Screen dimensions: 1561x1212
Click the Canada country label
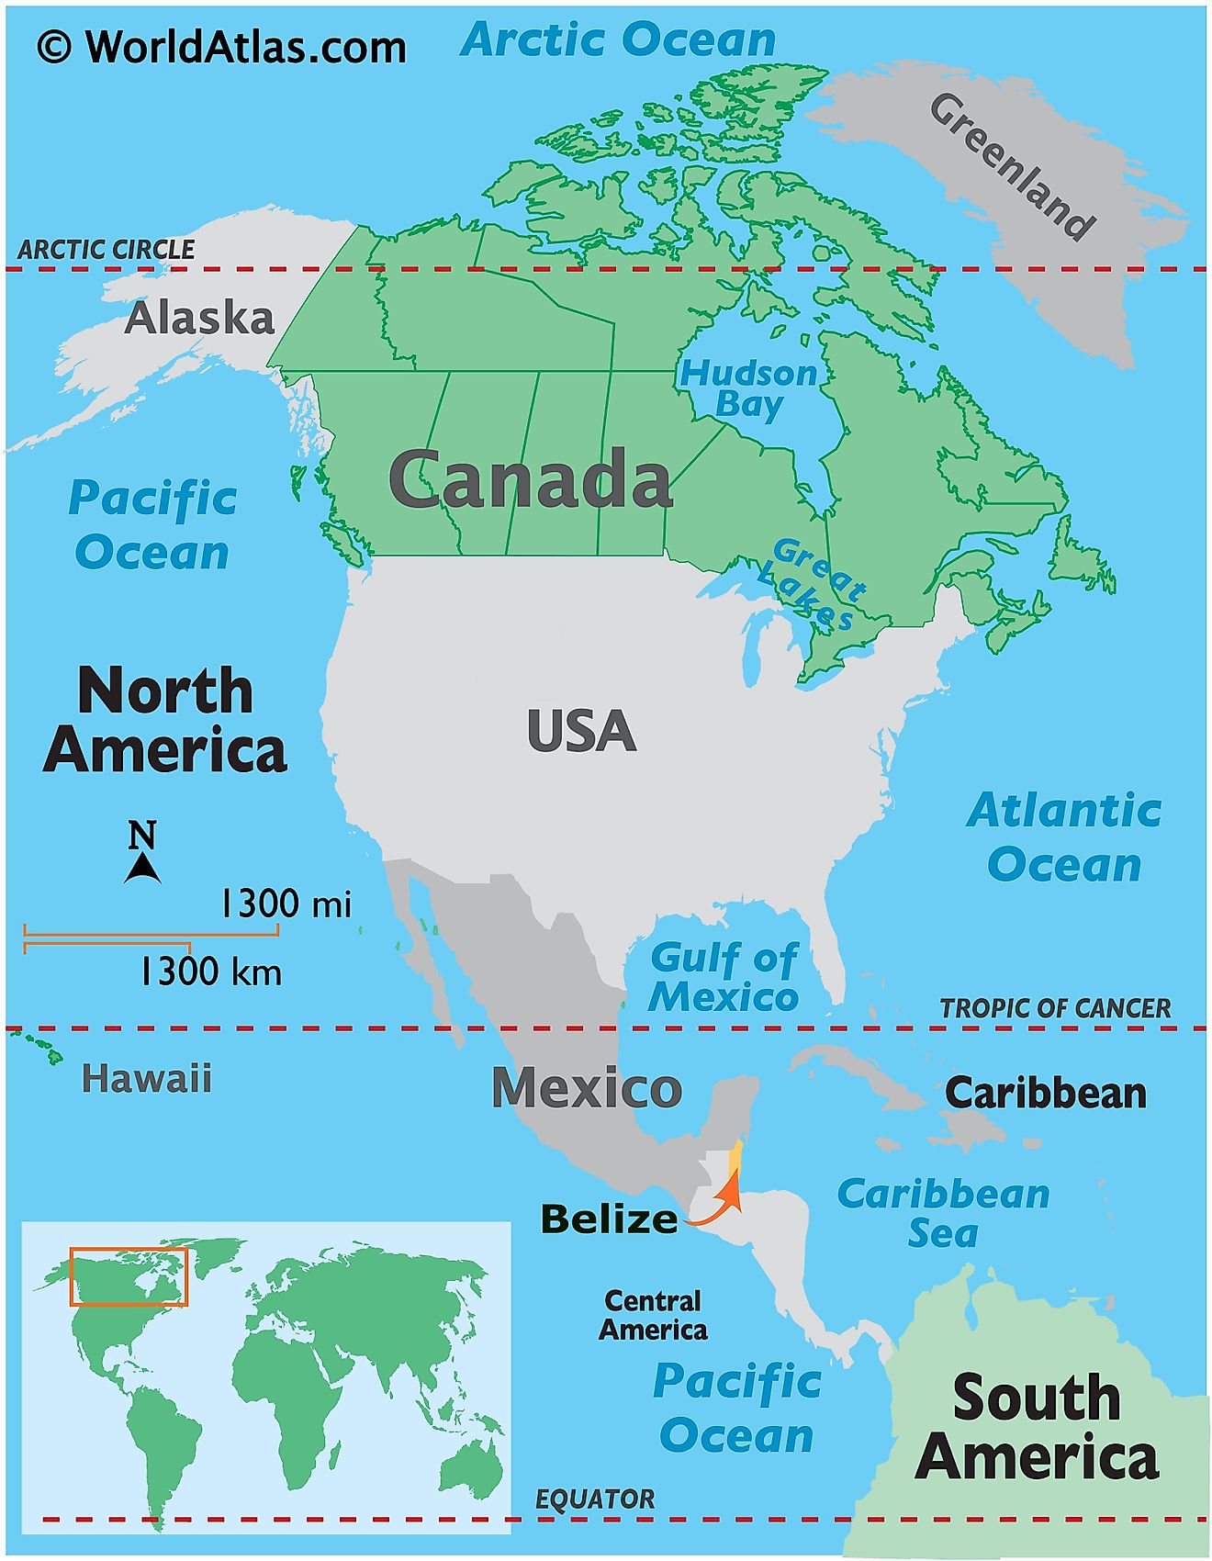coord(531,479)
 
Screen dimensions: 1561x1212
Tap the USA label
coord(581,732)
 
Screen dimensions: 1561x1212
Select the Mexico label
coord(587,1088)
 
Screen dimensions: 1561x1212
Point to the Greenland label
coord(1013,167)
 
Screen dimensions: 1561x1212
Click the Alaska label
coord(199,319)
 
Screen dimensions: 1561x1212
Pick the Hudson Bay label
coord(748,388)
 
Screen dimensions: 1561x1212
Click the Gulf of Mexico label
coord(724,977)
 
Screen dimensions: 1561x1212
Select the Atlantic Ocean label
coord(1064,837)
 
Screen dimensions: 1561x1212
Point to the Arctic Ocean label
coord(618,39)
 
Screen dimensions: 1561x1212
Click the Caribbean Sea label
coord(943,1213)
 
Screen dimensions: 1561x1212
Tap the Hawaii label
coord(147,1078)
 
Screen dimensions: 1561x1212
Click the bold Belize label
coord(610,1219)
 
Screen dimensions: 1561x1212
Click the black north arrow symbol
coord(142,867)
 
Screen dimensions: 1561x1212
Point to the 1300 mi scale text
coord(286,904)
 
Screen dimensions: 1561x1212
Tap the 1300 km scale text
coord(210,971)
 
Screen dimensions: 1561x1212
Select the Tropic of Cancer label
coord(1055,1008)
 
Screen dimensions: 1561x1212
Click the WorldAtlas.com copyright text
coord(221,46)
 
